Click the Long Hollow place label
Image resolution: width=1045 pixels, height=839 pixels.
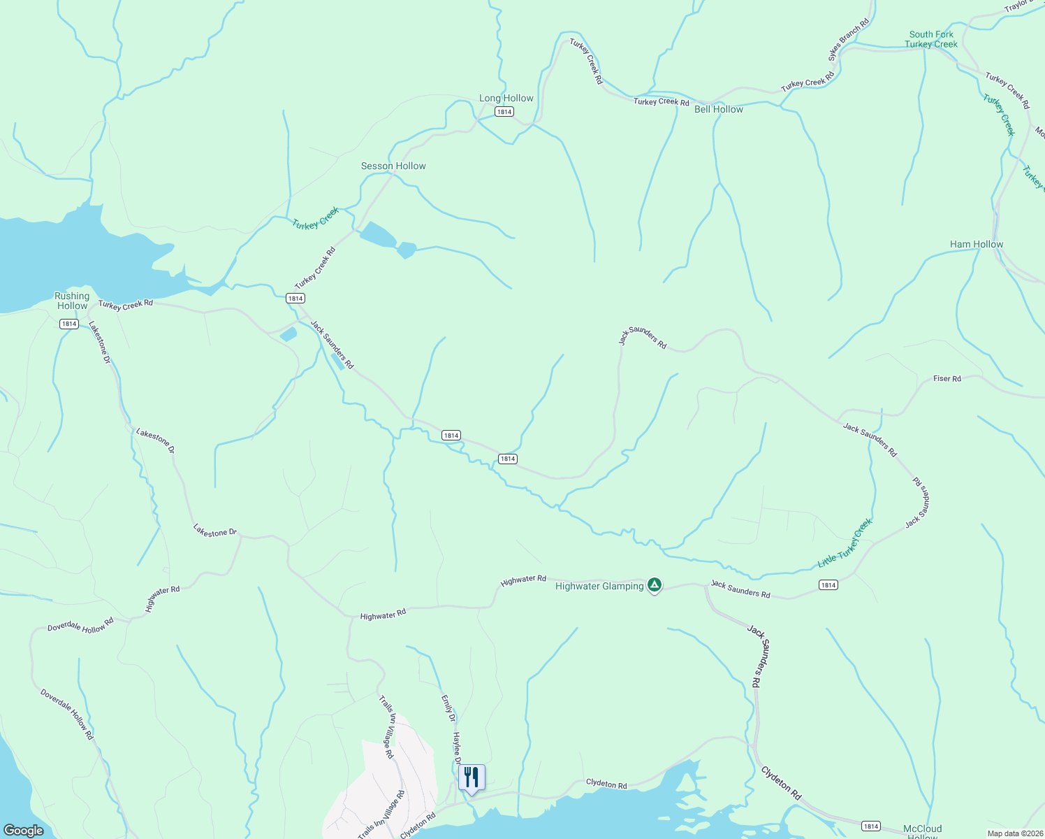[x=506, y=99]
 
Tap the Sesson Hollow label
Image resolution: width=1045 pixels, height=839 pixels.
[x=393, y=166]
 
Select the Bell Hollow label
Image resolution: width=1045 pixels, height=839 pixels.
[x=719, y=110]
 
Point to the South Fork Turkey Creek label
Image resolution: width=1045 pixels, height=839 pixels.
[x=931, y=39]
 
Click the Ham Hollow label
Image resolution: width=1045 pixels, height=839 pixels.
[x=977, y=244]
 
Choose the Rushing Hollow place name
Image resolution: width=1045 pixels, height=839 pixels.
[x=72, y=301]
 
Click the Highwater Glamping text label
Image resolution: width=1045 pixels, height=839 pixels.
[x=599, y=587]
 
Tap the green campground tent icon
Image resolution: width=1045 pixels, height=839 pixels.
[x=655, y=585]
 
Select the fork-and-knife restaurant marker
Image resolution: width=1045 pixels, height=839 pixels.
[x=472, y=777]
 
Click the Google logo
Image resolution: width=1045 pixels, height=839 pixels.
[x=24, y=831]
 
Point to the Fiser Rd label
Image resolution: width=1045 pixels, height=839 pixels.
[x=947, y=379]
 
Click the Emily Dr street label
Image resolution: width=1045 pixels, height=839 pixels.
[x=448, y=708]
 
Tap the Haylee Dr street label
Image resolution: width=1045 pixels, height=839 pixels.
[x=458, y=748]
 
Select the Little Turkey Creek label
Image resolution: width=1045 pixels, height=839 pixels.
[x=845, y=544]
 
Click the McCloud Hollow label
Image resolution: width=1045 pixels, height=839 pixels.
[x=922, y=832]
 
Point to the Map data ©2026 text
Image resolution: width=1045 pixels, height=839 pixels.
[x=1015, y=833]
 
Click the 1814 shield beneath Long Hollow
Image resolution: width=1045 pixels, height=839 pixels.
[x=504, y=112]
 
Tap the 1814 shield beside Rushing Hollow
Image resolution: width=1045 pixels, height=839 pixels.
[x=68, y=324]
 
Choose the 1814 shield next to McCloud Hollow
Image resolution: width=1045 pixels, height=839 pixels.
[x=870, y=826]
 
